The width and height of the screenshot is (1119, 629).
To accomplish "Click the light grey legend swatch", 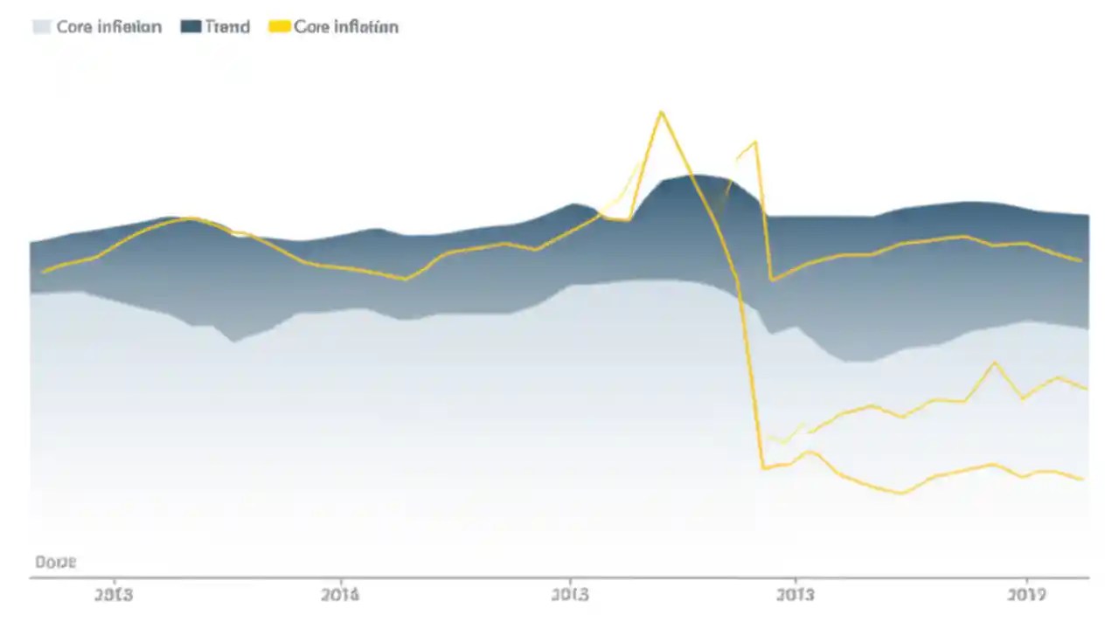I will click(x=41, y=27).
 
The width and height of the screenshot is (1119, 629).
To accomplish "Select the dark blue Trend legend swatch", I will click(x=191, y=27).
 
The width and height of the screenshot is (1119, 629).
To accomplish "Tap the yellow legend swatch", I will click(x=278, y=27).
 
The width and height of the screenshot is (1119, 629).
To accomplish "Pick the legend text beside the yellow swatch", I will click(x=346, y=27).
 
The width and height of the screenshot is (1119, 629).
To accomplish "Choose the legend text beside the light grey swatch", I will click(x=109, y=27).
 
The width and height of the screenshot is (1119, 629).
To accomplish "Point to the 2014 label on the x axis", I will click(x=340, y=596).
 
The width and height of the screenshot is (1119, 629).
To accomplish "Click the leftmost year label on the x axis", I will click(x=113, y=596).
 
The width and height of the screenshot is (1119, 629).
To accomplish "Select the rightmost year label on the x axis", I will click(x=1026, y=596).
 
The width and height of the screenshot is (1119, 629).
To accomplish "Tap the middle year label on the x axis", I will click(x=570, y=596).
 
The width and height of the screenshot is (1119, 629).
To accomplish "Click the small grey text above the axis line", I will click(x=55, y=562).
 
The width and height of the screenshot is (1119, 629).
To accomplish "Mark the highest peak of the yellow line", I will click(x=662, y=112).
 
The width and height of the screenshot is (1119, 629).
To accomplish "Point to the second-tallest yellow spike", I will click(x=754, y=142).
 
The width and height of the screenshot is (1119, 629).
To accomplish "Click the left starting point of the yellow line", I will click(x=42, y=272).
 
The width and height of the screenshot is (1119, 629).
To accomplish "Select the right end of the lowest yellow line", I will click(x=1084, y=479).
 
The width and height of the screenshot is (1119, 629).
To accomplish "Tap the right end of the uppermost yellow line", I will click(x=1082, y=260).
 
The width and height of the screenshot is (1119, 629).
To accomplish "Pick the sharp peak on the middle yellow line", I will click(x=994, y=363).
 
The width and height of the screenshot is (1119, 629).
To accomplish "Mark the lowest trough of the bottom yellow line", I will click(x=901, y=494).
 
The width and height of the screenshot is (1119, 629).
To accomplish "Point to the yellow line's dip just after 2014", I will click(x=406, y=279).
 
